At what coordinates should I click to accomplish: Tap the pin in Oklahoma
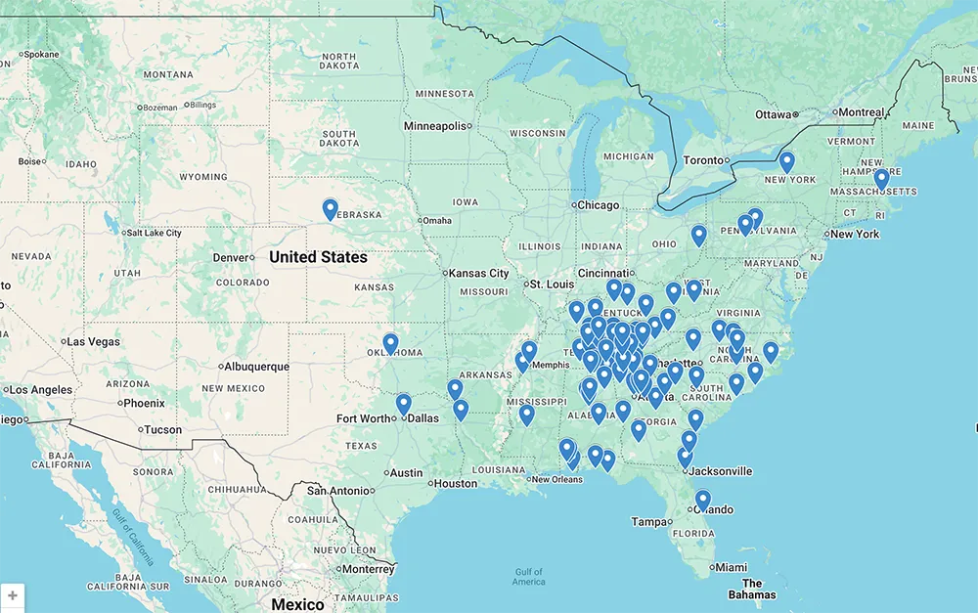click(390, 343)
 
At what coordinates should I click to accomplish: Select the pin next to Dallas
click(403, 404)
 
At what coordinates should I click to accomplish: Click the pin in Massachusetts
click(881, 179)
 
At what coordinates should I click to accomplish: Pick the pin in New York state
click(786, 162)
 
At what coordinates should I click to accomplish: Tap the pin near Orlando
click(702, 501)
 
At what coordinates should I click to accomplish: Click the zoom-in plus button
click(12, 595)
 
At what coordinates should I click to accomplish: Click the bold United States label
click(318, 257)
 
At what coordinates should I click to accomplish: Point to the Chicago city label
click(598, 205)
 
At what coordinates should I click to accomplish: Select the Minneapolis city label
click(436, 126)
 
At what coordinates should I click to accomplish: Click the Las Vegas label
click(94, 342)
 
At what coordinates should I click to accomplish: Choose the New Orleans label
click(556, 479)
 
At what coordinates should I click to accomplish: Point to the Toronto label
click(703, 160)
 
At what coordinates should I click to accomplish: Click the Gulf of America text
click(528, 577)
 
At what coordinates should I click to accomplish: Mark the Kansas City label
click(479, 274)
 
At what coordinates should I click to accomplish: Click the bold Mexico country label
click(297, 604)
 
